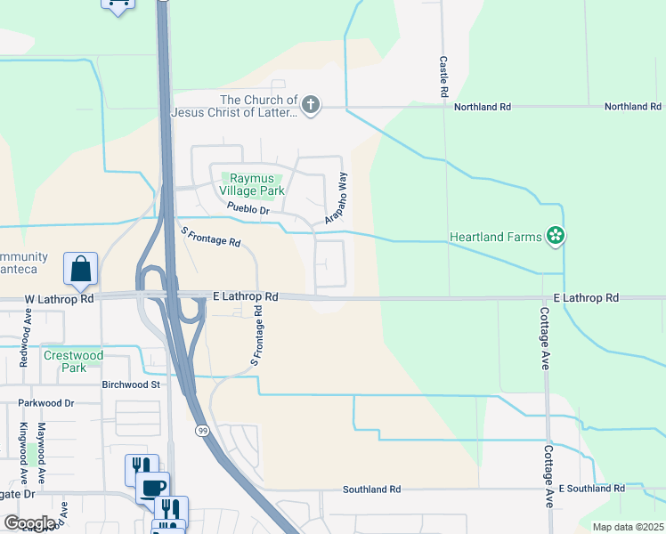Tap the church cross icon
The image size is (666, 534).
pos(311,106)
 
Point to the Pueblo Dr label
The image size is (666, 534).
pos(248,210)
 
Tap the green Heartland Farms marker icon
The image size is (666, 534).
pos(556,237)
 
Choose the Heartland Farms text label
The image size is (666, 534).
pos(495,238)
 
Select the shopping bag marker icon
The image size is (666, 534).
pos(80,268)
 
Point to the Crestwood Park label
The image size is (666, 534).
pos(73,361)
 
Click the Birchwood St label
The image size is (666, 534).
pos(130,385)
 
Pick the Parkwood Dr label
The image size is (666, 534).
pos(45,403)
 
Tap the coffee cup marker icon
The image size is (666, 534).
pos(154,487)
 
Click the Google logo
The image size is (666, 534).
pos(28,523)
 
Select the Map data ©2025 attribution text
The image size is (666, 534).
pos(628,527)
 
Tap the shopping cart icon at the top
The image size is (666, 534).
pos(118,4)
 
